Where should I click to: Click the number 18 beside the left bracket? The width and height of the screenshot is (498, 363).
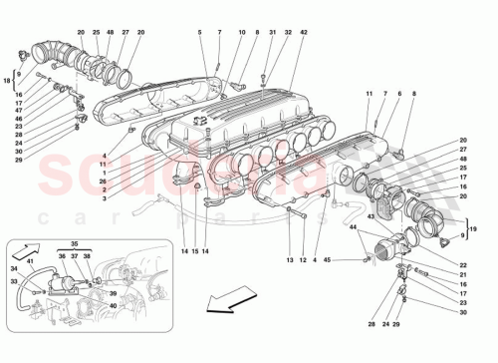tap(9, 80)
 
